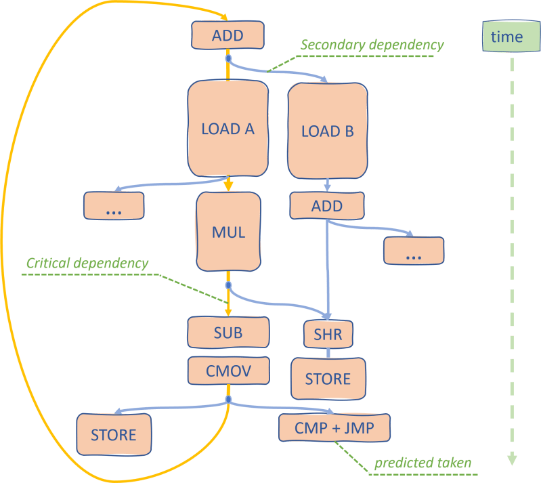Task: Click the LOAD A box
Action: [228, 129]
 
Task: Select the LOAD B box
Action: [328, 131]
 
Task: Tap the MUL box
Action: [228, 232]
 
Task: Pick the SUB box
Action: [228, 333]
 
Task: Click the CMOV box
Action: [228, 371]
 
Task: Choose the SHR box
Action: [328, 334]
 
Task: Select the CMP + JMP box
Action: [335, 427]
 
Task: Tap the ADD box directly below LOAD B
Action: [327, 206]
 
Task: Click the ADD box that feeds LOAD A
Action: [228, 36]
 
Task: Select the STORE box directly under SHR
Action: [328, 378]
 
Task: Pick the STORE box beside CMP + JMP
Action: [114, 434]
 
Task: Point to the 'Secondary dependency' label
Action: [372, 45]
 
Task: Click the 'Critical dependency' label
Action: [87, 264]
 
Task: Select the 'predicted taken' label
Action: [423, 463]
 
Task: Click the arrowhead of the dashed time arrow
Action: [512, 459]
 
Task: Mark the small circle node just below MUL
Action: [228, 285]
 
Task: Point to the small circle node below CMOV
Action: [228, 400]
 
